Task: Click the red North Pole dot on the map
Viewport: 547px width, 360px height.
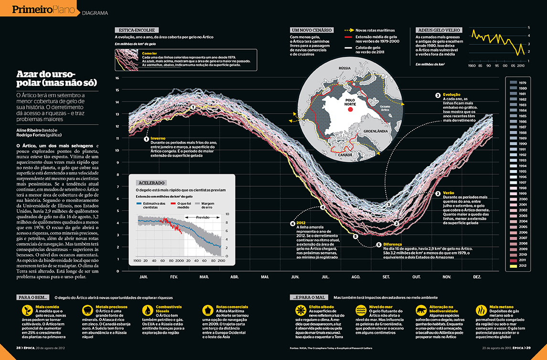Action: [x=351, y=110]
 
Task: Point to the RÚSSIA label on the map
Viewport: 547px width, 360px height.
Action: [x=344, y=68]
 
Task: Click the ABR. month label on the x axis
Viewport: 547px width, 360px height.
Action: [x=235, y=277]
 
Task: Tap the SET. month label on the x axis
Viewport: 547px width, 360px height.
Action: [x=386, y=277]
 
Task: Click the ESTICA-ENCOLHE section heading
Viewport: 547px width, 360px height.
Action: [x=133, y=30]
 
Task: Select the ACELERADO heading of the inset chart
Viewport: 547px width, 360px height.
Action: [x=151, y=182]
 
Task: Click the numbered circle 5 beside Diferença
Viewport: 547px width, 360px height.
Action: [x=355, y=236]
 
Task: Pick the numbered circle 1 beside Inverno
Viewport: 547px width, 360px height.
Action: [x=146, y=139]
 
